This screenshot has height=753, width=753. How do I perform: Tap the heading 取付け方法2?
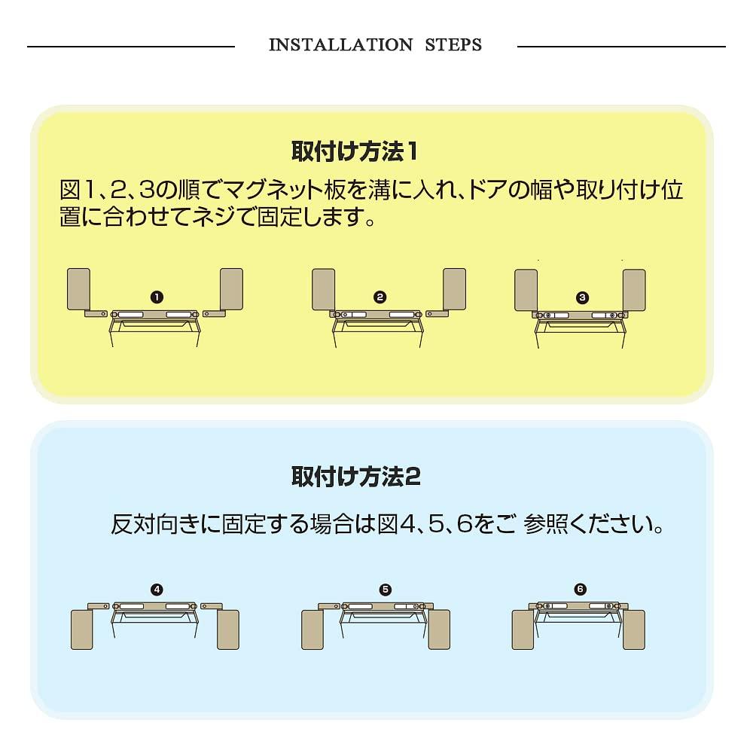coord(355,477)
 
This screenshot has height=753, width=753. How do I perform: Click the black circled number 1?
coord(157,297)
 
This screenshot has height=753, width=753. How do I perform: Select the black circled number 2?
coord(380,297)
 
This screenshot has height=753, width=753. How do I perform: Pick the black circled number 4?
coord(157,590)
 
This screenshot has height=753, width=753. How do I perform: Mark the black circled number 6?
coord(580,590)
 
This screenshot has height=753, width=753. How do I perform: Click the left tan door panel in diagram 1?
coord(79,288)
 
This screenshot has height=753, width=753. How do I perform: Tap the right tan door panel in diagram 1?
coord(231,288)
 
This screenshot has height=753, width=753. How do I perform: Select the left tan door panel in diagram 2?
coord(324,289)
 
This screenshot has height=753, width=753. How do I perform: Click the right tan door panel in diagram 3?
coord(634,290)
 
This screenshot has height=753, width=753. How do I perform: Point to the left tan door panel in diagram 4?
coord(81,630)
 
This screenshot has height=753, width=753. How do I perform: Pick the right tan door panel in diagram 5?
coord(439,630)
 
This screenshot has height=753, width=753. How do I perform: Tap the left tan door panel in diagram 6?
coord(523,630)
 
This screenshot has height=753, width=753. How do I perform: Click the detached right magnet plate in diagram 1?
coord(215,314)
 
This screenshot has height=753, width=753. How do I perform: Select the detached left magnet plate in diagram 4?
coord(99,606)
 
